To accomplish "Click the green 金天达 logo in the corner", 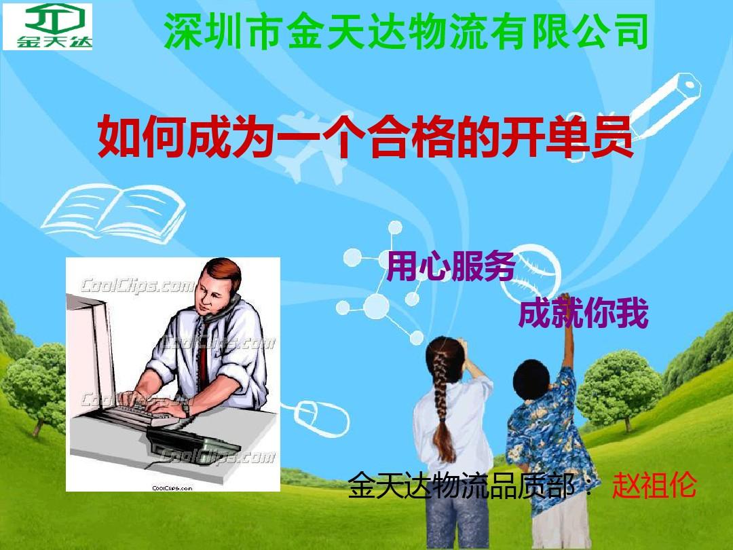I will (48, 26).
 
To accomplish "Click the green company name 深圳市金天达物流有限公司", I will (405, 32).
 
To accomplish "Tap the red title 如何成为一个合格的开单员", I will (366, 138).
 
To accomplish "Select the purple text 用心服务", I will (450, 267).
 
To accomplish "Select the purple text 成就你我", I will (583, 313).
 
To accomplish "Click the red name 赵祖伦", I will (654, 486).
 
